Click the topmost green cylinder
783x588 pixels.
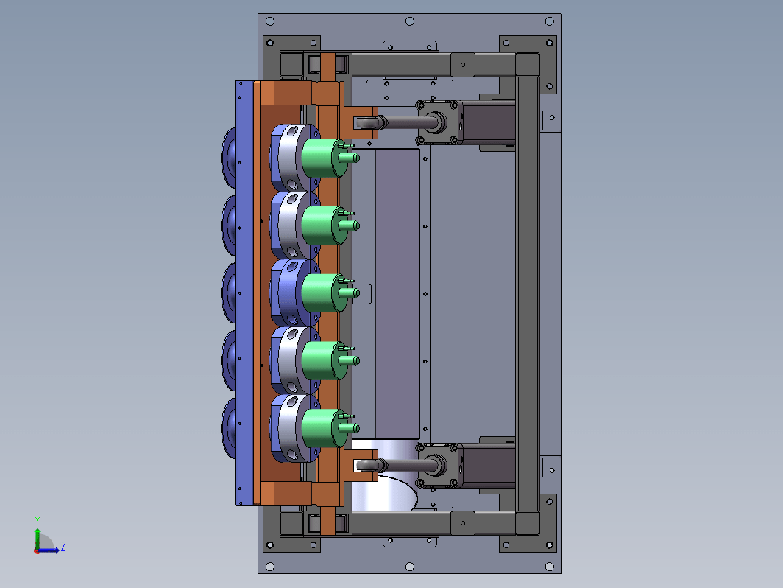coord(325,158)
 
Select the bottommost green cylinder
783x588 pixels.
coord(325,428)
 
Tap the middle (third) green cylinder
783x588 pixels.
coord(325,293)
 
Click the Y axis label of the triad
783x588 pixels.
coord(38,521)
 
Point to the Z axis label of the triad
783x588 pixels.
coord(63,546)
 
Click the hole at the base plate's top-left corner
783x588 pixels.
coord(270,21)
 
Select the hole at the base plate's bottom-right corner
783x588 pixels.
coord(549,567)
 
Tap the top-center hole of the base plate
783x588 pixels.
coord(409,21)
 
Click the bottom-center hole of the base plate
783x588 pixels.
coord(409,567)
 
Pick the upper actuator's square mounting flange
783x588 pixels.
coord(438,122)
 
